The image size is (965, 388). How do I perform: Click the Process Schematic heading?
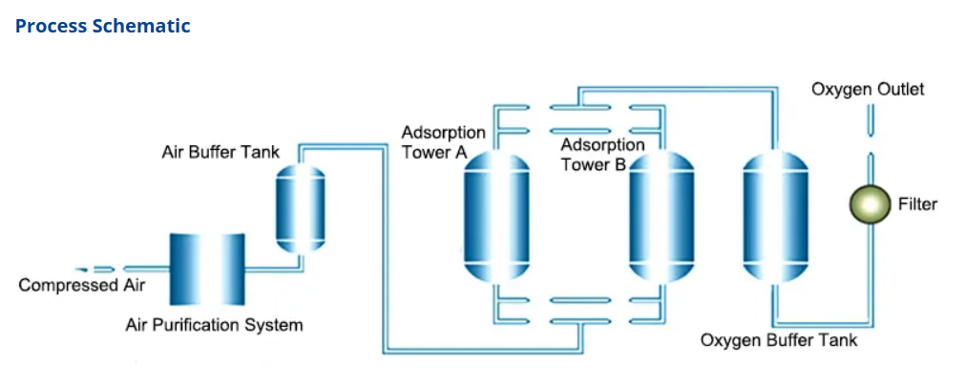pos(103,26)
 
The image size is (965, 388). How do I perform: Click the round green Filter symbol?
pos(870,205)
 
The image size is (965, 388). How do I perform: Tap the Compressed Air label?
pos(82,285)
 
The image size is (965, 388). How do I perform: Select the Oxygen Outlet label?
pos(868,89)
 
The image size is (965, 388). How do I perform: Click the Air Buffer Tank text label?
pos(220,152)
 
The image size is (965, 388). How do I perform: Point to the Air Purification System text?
pos(214,325)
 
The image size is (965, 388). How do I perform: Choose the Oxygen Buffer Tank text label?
pos(779,340)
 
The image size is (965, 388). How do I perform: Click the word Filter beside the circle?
pos(917,204)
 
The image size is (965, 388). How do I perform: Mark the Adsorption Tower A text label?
pos(444,142)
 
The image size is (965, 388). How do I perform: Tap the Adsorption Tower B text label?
pos(602,155)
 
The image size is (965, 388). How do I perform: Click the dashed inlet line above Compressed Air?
pos(95,269)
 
